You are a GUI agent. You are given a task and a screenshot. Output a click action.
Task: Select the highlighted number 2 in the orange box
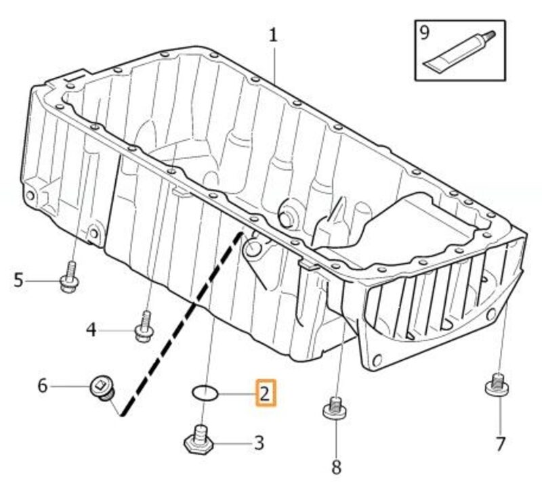pos(265,393)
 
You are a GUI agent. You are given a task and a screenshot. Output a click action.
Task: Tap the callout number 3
pos(259,443)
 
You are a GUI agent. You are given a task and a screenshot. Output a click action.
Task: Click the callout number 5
pos(18,279)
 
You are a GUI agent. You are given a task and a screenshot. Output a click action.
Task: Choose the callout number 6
pos(42,386)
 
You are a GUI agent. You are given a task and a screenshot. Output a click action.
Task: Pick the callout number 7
pos(500,443)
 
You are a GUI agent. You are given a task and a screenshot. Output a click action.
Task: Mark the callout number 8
pos(336,466)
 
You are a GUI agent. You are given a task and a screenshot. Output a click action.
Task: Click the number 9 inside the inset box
pos(425,32)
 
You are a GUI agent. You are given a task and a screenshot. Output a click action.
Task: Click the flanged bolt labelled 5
pos(69,278)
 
